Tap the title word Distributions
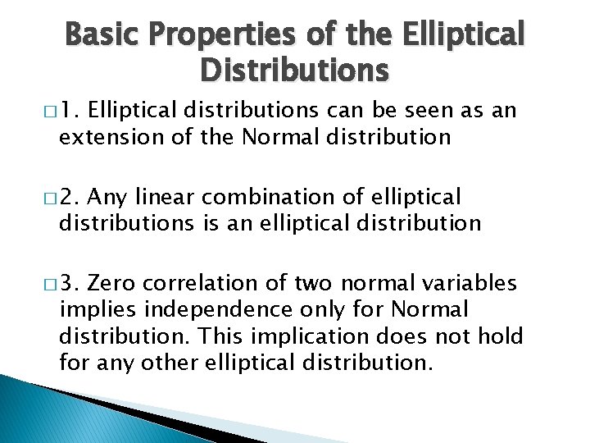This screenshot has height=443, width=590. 294,71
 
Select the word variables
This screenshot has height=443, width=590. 470,284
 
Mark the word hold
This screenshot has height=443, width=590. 501,336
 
